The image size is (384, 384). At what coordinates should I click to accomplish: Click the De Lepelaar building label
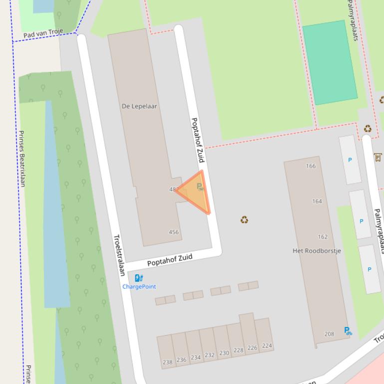(139, 106)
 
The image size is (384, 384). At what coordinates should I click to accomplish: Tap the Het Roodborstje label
(317, 251)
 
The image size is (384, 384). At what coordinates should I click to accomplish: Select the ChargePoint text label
(139, 287)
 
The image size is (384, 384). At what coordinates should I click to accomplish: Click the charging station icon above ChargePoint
(139, 278)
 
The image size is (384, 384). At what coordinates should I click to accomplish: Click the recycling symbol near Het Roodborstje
(244, 219)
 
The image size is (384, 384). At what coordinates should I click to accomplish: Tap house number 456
(174, 232)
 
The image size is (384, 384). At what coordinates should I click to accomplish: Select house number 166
(311, 166)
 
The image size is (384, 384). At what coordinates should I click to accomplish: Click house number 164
(317, 201)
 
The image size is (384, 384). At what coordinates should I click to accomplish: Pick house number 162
(323, 237)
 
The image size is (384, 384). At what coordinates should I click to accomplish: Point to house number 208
(329, 334)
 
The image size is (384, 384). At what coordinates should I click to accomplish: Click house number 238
(167, 363)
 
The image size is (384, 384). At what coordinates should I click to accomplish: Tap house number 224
(267, 346)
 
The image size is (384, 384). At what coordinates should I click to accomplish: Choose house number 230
(224, 353)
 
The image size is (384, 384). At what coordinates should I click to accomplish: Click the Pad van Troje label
(43, 33)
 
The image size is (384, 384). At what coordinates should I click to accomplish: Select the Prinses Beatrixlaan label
(21, 159)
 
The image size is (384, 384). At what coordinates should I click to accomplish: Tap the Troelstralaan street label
(119, 255)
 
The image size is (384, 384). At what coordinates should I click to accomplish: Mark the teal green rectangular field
(330, 62)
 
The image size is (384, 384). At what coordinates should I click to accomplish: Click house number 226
(252, 348)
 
